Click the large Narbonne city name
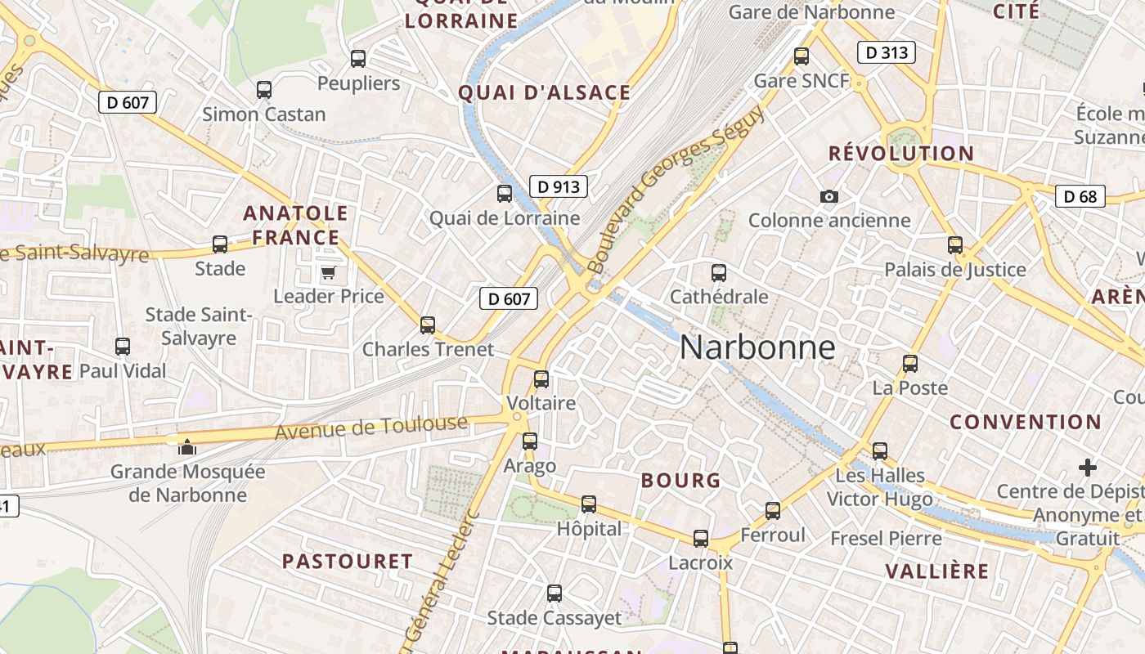757,347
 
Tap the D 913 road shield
559,186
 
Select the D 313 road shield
886,53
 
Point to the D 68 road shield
1080,196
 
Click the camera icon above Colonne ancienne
828,196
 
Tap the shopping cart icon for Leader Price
328,272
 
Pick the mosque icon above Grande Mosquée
187,447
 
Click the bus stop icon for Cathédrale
719,272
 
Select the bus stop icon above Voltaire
541,379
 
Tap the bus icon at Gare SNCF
801,56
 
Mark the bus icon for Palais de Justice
954,244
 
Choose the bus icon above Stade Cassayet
555,594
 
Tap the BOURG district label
681,481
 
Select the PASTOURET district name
348,562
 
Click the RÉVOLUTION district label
901,154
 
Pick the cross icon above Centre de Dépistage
1087,468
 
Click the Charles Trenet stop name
428,350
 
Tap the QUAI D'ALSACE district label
545,93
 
